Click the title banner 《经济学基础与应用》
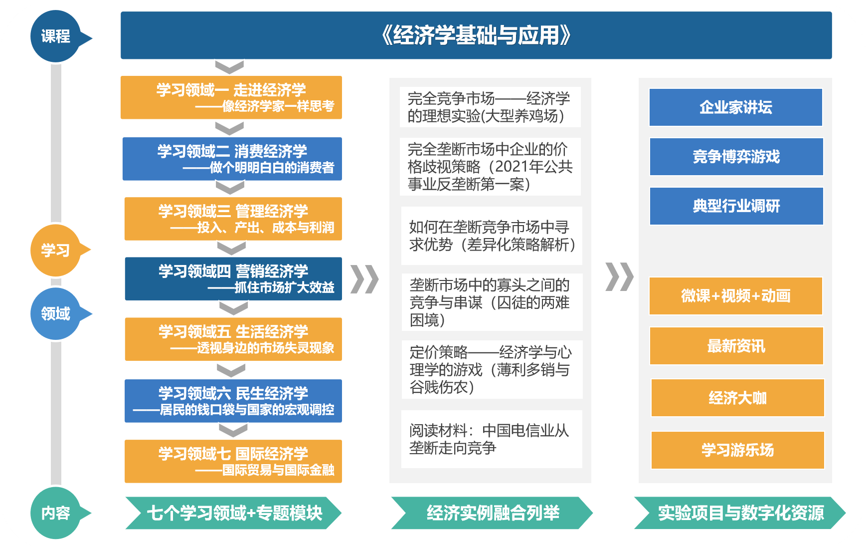pos(476,35)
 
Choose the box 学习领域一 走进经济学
pos(231,97)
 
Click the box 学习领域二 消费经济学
pos(232,159)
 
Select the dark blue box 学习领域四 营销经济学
pos(233,278)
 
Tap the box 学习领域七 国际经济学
pos(233,461)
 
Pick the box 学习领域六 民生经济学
pos(233,401)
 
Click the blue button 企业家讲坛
pos(736,107)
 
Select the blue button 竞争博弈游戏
pos(736,157)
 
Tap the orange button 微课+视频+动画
pos(736,296)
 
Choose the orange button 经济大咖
pos(738,398)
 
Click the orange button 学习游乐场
pos(738,450)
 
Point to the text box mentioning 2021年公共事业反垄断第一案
pos(491,167)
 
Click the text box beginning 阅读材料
pos(492,439)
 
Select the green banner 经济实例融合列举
pos(492,513)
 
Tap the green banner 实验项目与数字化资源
pos(740,513)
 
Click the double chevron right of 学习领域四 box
pos(365,279)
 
